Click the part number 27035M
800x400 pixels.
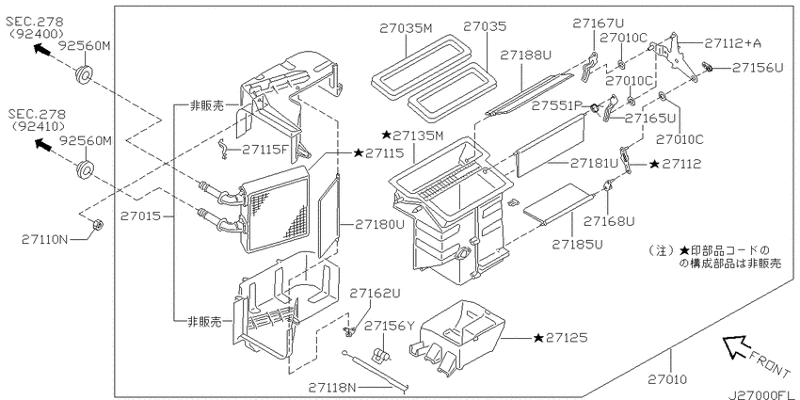point(406,28)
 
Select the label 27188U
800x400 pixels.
point(525,55)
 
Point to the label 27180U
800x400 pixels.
point(380,224)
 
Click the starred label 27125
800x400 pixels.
point(560,338)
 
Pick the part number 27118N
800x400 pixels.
point(332,387)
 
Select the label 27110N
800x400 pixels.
point(44,239)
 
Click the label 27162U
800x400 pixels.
point(375,294)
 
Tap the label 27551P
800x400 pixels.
point(556,105)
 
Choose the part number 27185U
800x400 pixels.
point(577,245)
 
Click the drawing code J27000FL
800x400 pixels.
point(762,395)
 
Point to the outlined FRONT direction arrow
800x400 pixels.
point(736,347)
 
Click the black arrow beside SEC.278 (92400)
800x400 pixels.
point(41,49)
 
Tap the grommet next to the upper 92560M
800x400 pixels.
point(84,75)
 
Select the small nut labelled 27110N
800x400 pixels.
point(97,224)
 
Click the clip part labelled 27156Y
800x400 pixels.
point(380,354)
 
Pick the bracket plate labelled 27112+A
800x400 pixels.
point(671,56)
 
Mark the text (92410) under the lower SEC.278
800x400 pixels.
point(37,126)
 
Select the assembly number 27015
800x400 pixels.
point(140,216)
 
